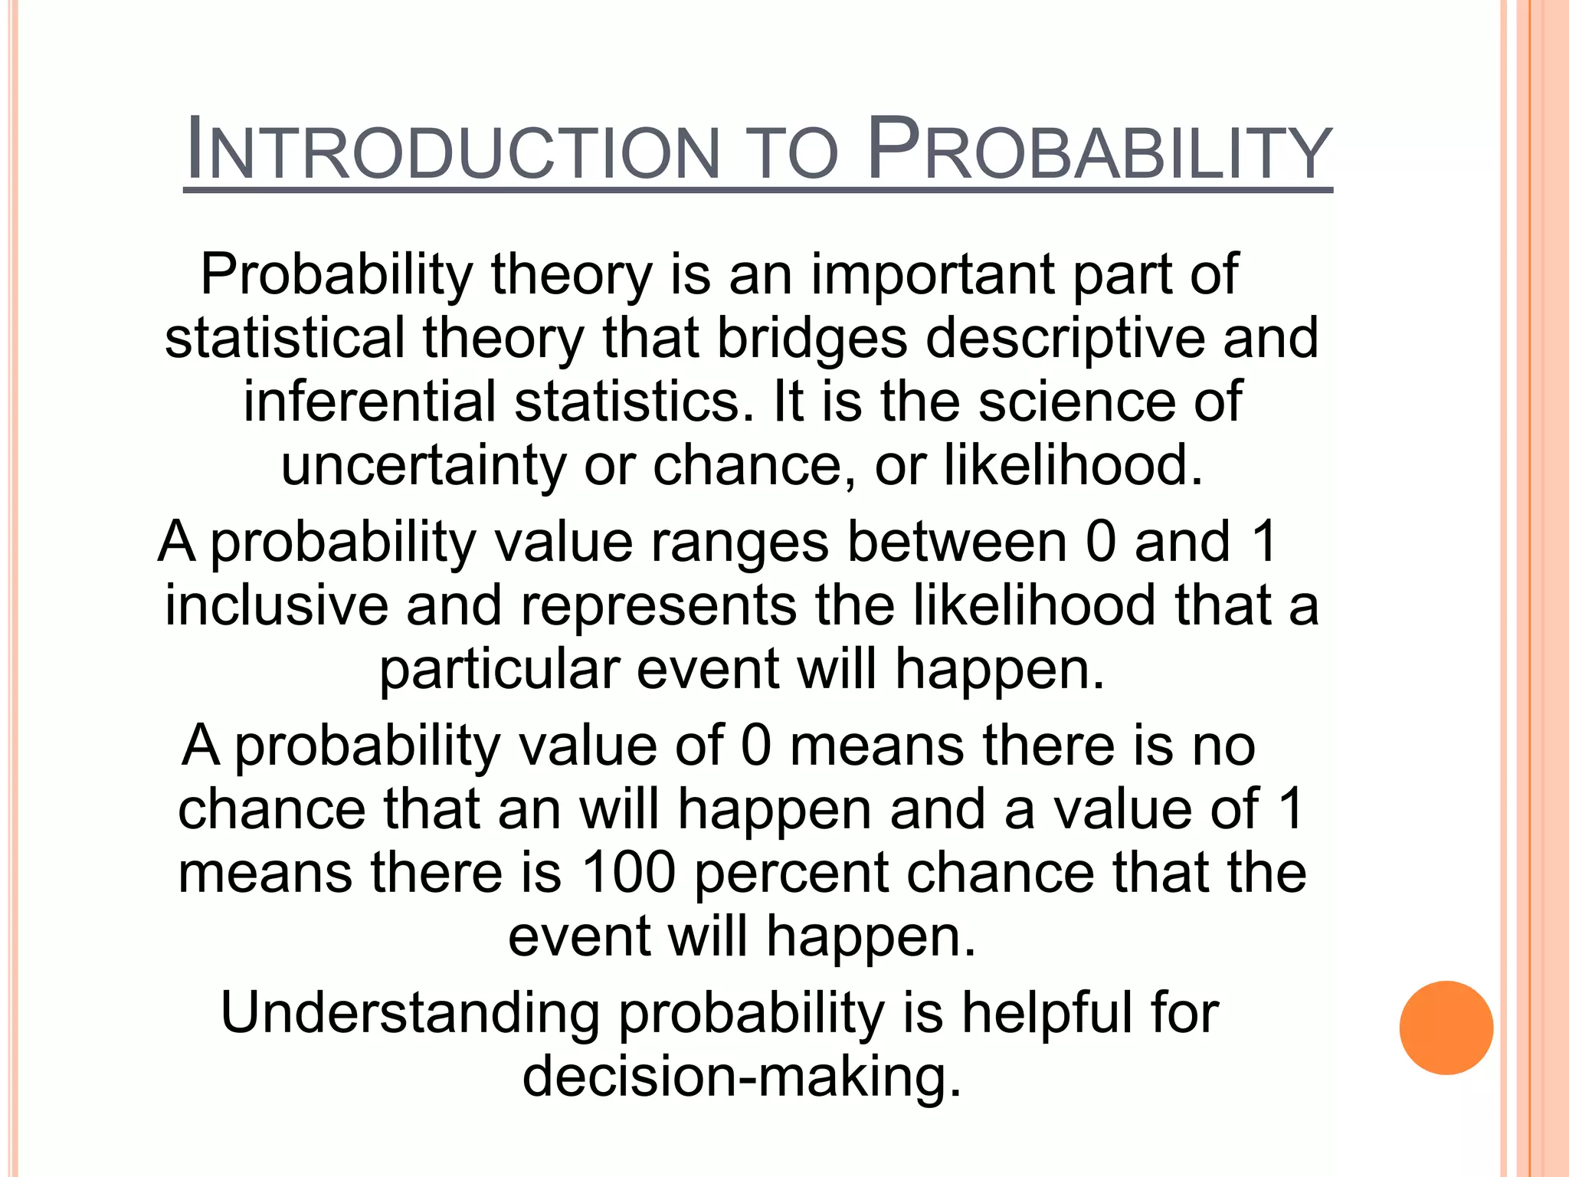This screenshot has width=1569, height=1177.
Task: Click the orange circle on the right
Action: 1446,1028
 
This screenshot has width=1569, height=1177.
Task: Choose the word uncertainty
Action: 423,465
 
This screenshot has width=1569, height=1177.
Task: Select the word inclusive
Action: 277,605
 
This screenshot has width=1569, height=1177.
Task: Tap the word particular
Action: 500,669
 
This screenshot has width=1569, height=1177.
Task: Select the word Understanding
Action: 410,1013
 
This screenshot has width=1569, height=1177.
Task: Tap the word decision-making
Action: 741,1077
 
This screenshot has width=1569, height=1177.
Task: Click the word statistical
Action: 285,339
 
